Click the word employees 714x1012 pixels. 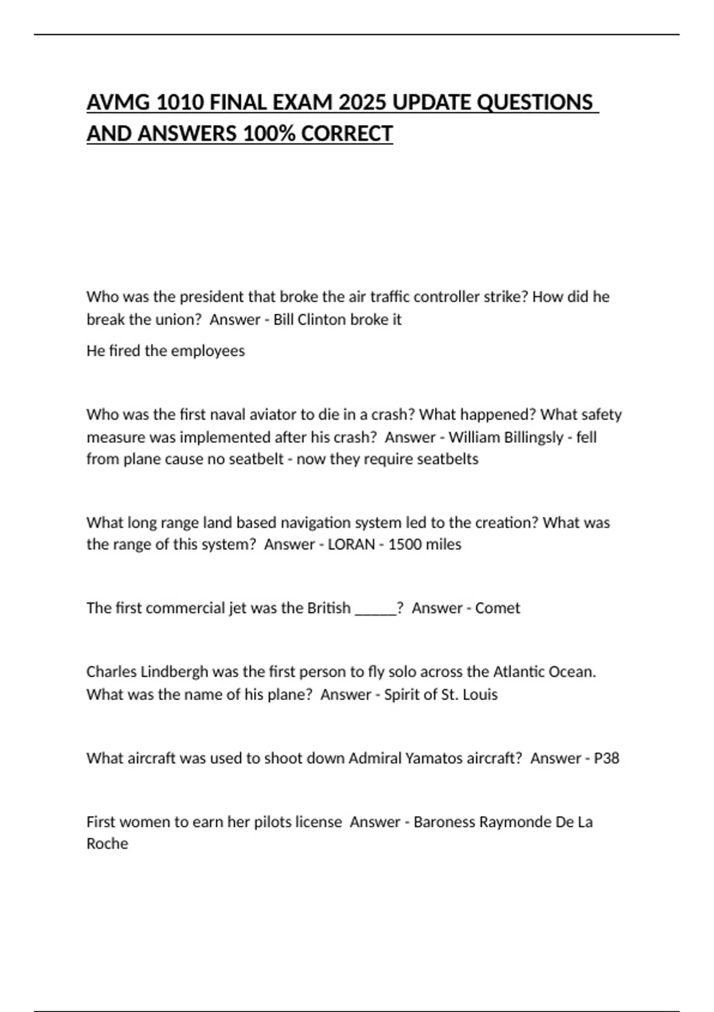208,351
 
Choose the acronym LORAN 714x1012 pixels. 351,544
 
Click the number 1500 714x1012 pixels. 405,544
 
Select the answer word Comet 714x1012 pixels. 497,608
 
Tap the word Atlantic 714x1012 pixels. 519,671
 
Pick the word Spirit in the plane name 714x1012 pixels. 404,694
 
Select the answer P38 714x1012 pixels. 606,758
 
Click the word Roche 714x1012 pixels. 107,844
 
